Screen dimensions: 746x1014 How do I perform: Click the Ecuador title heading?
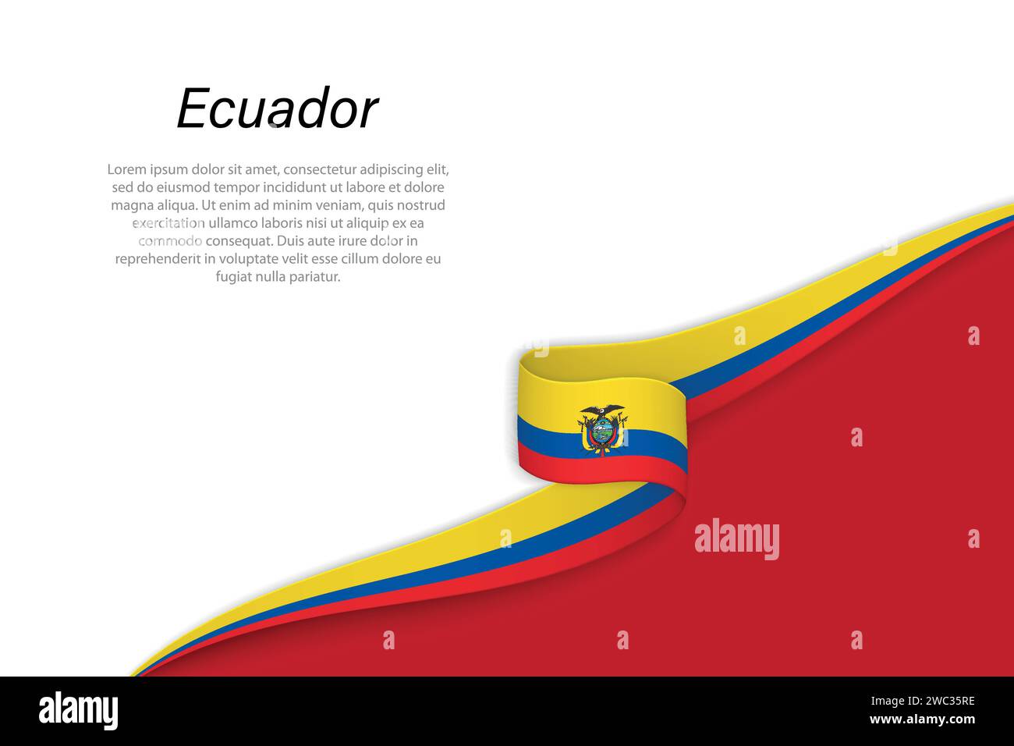(x=277, y=108)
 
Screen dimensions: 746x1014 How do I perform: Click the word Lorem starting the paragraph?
(x=126, y=169)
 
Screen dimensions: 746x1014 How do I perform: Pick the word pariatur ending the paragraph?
(x=314, y=277)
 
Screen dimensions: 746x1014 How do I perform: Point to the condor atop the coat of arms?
(x=601, y=410)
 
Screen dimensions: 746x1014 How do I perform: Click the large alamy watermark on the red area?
(x=736, y=539)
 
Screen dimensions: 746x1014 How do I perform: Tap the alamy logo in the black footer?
(x=78, y=711)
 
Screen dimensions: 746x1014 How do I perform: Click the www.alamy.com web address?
(x=922, y=719)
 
